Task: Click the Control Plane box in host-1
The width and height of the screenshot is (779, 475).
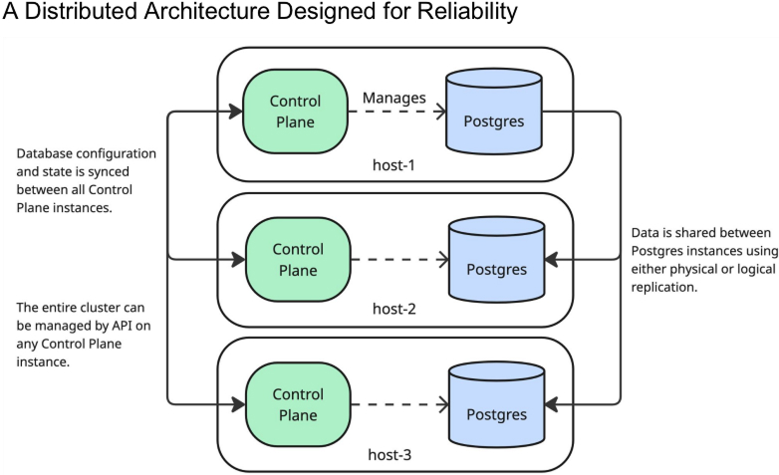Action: [x=295, y=112]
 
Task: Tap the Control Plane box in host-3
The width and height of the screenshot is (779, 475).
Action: [x=297, y=404]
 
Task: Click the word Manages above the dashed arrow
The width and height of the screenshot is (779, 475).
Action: [x=394, y=98]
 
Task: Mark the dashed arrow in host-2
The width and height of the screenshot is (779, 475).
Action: [x=396, y=260]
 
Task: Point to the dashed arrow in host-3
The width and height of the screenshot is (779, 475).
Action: [x=396, y=404]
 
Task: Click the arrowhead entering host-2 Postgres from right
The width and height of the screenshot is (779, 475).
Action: [x=553, y=260]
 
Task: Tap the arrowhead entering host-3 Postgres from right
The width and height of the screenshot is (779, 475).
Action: [x=553, y=404]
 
